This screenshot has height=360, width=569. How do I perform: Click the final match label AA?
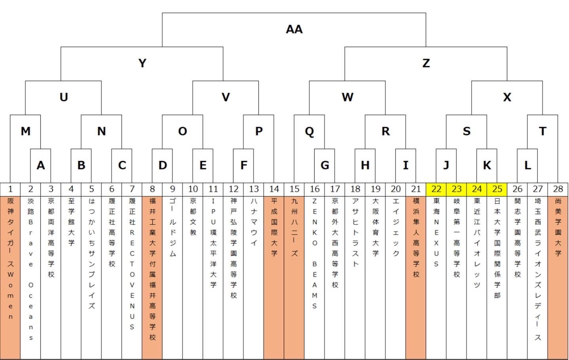[x=294, y=29]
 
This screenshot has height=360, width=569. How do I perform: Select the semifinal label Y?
[x=142, y=63]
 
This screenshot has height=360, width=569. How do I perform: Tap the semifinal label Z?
[x=426, y=63]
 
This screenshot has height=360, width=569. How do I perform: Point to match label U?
[x=63, y=97]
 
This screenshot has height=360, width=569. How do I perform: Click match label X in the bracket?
[x=507, y=97]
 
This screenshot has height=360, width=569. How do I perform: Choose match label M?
[x=25, y=131]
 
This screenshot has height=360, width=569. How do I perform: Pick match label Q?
[x=309, y=131]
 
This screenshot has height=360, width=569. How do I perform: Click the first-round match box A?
[x=40, y=165]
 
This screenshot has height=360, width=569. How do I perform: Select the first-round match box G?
[x=324, y=165]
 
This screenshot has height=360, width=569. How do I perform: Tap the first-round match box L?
[x=527, y=165]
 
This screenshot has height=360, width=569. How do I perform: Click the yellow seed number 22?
[x=436, y=189]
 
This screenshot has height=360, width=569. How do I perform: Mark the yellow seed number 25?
[x=497, y=189]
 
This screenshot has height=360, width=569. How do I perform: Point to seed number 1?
[x=10, y=189]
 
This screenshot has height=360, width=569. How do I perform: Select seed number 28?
[x=558, y=189]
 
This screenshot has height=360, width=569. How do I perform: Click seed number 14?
[x=274, y=189]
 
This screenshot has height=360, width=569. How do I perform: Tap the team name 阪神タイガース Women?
[x=10, y=259]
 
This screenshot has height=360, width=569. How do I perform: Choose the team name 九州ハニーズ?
[x=294, y=227]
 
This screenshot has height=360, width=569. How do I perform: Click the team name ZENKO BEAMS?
[x=315, y=253]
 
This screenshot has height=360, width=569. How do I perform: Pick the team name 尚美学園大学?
[x=558, y=227]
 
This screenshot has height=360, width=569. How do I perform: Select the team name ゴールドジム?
[x=173, y=227]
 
